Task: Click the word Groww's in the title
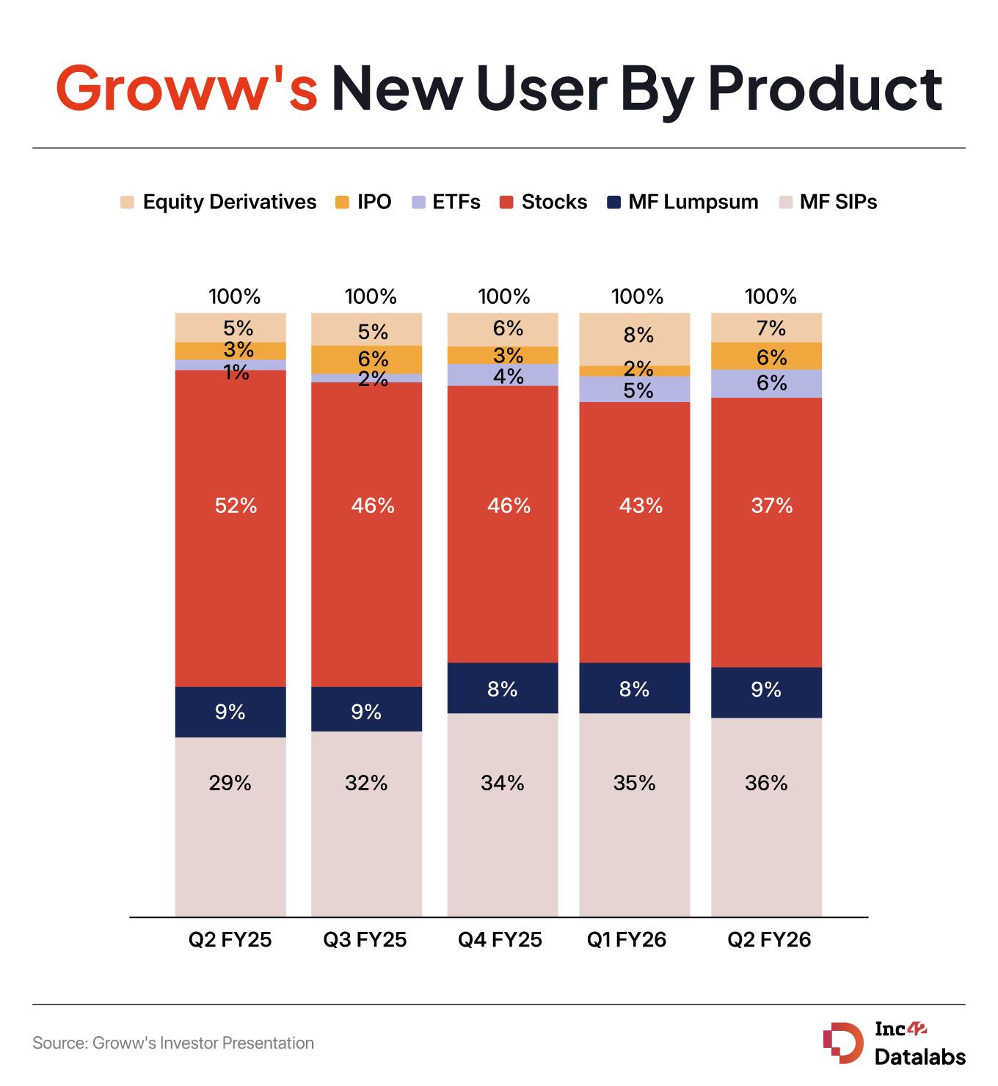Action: click(x=187, y=88)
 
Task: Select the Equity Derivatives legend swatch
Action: click(x=128, y=202)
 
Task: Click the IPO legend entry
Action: click(x=363, y=202)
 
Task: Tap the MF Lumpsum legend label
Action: click(x=693, y=202)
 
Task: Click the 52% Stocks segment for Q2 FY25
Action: click(x=230, y=528)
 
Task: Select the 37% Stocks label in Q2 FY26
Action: click(x=771, y=506)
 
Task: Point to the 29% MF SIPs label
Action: click(x=230, y=783)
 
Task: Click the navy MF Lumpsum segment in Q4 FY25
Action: click(x=503, y=688)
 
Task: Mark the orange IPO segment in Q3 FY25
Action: click(x=367, y=359)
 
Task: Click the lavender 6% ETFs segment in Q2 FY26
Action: click(x=766, y=383)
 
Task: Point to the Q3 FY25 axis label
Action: click(x=365, y=940)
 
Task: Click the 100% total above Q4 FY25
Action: click(x=504, y=296)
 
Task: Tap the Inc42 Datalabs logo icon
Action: click(x=842, y=1043)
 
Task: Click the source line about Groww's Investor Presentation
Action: click(x=173, y=1043)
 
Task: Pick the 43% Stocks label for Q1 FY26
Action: click(x=640, y=506)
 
